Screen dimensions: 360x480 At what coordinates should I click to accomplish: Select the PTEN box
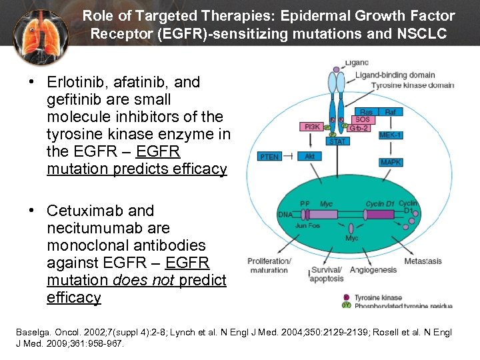(x=270, y=157)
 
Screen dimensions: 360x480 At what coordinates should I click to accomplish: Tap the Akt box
(x=310, y=157)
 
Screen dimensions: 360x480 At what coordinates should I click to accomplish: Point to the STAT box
(x=337, y=141)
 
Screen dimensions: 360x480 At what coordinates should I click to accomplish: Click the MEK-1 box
(x=390, y=135)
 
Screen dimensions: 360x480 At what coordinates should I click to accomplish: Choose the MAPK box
(x=391, y=162)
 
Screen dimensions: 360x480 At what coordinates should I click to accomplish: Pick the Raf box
(x=391, y=112)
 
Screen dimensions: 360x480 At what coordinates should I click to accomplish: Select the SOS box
(x=363, y=120)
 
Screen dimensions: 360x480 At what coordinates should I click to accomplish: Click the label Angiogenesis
(x=373, y=270)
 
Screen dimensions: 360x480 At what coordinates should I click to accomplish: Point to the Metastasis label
(x=423, y=261)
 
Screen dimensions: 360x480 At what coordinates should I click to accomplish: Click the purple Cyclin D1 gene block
(x=381, y=215)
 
